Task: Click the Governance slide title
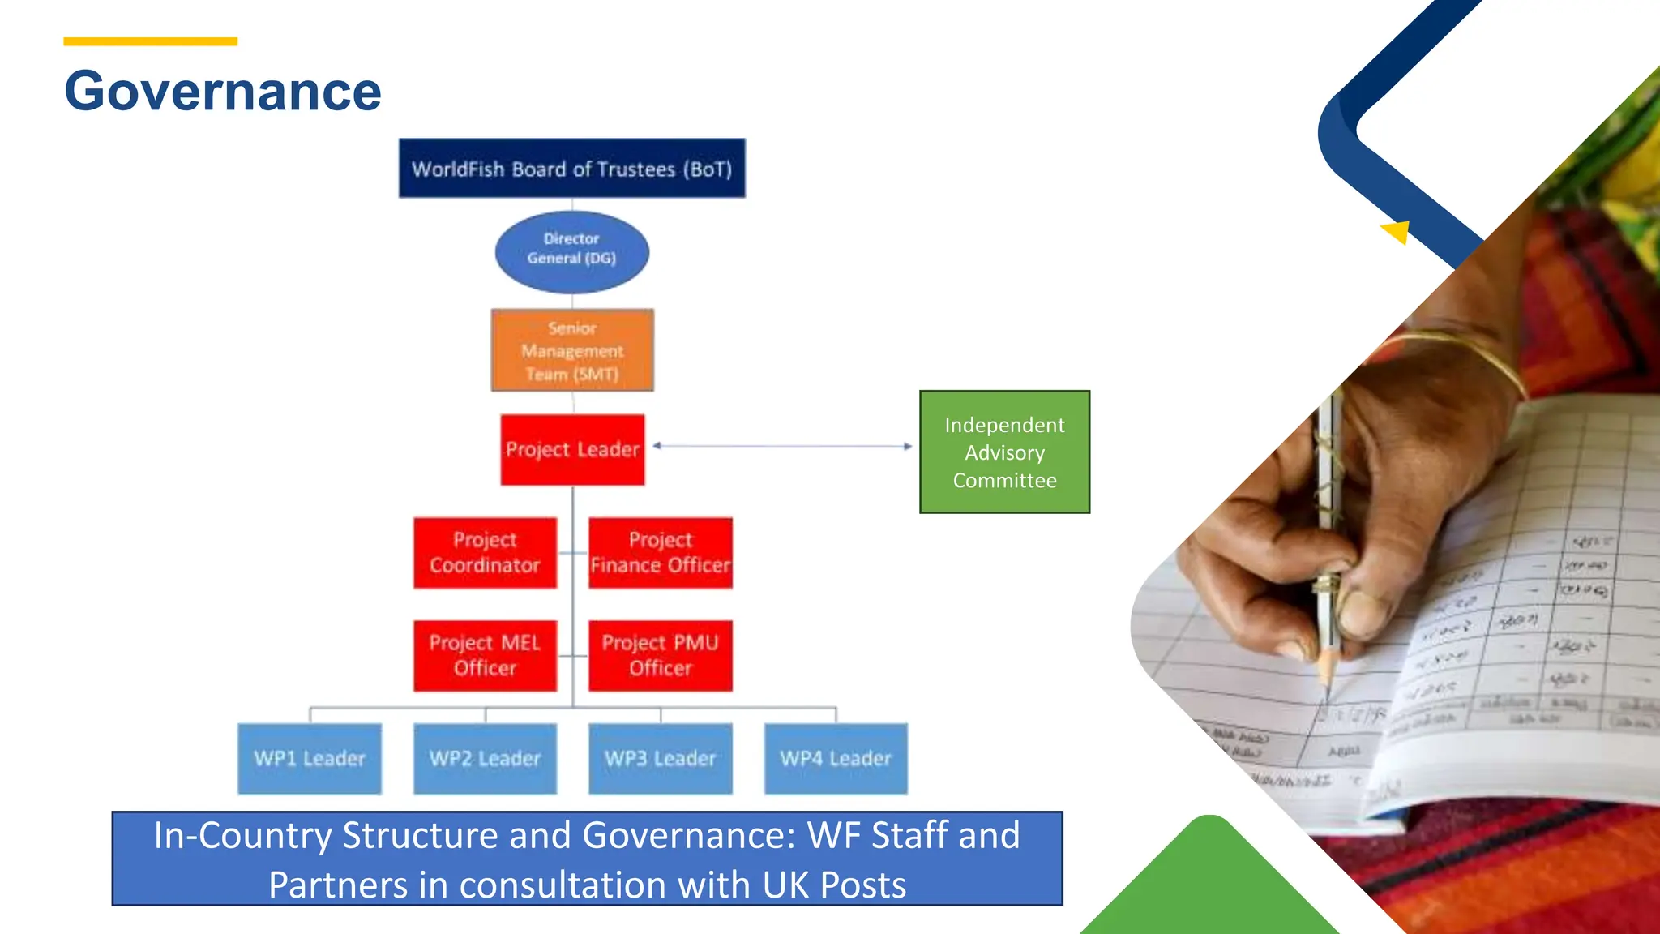(223, 91)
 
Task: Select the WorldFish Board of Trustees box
(571, 169)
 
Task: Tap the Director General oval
(571, 251)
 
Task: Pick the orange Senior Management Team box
(572, 350)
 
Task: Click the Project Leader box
(572, 450)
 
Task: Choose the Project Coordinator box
(485, 553)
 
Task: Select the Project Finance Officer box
(661, 553)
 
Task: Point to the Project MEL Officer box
(485, 656)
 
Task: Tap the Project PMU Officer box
(661, 656)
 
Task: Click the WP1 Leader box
(310, 759)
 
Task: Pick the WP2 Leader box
(485, 759)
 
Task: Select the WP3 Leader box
(661, 759)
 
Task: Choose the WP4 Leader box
(836, 759)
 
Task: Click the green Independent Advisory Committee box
(1004, 452)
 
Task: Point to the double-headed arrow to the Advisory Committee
(782, 446)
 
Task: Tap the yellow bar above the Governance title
(151, 41)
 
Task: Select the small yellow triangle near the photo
(1398, 232)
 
